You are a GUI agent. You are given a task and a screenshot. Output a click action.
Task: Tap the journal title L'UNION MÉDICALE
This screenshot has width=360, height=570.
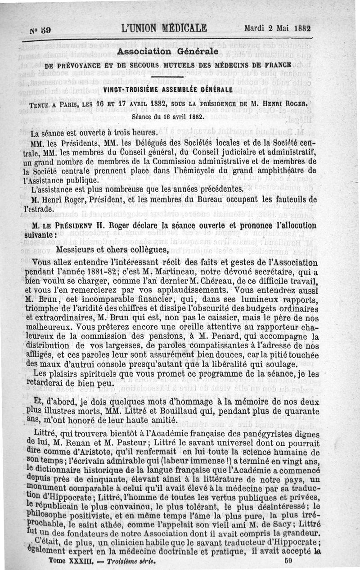click(164, 28)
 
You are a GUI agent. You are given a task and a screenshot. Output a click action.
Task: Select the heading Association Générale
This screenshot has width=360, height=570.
click(167, 52)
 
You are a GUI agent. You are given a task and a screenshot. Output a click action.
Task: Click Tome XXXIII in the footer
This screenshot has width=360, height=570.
click(67, 561)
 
